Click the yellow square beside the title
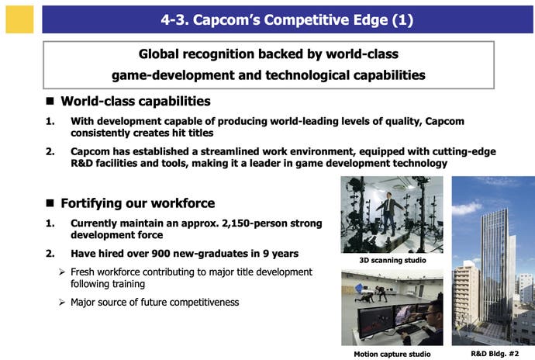[19, 19]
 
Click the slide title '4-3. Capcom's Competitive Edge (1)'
[287, 20]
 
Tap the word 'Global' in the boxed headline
[159, 54]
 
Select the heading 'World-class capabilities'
[136, 101]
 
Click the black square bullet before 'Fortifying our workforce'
[50, 202]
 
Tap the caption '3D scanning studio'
[392, 260]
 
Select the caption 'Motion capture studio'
[392, 355]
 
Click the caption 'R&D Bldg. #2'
[495, 354]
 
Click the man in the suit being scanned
[389, 213]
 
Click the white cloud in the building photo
[467, 208]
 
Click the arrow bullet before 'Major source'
[62, 303]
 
